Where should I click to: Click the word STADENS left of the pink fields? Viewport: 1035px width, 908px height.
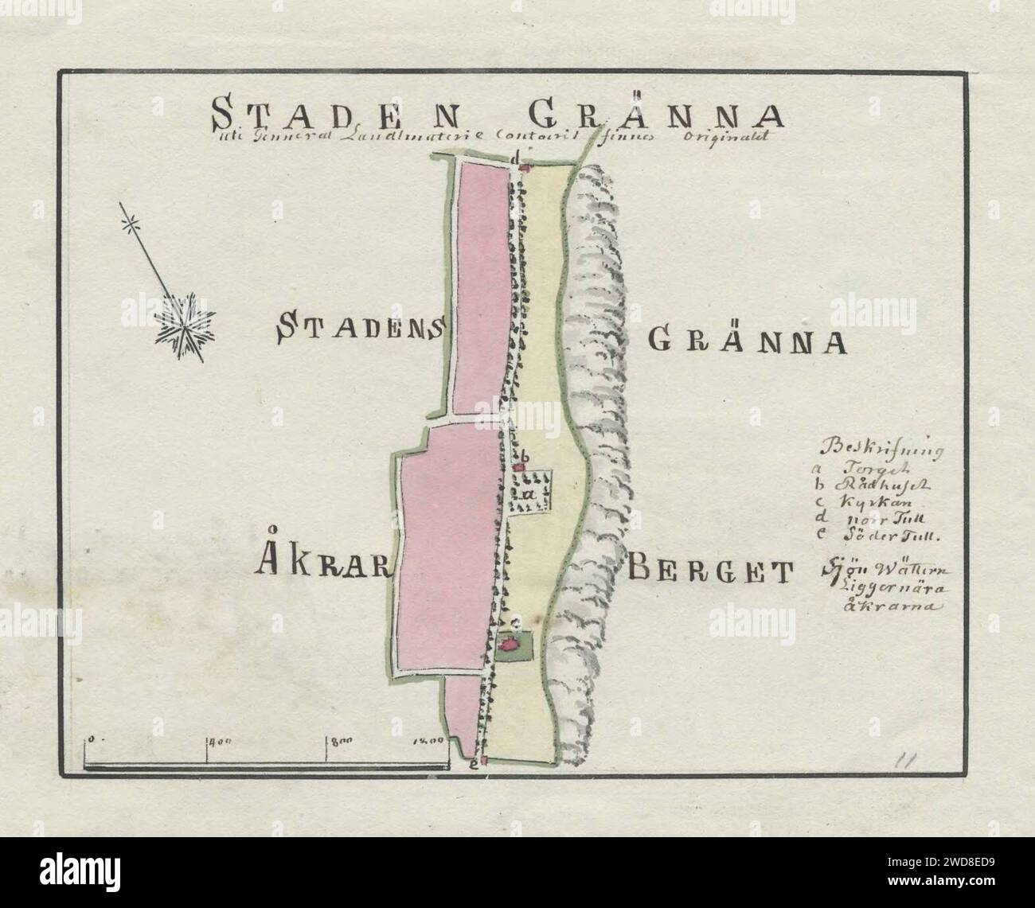[361, 327]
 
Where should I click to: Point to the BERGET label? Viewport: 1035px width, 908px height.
[712, 570]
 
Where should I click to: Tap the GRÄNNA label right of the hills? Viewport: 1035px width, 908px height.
[746, 340]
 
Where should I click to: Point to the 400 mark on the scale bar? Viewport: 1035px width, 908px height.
[219, 742]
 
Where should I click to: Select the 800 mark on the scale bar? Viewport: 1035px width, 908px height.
[341, 742]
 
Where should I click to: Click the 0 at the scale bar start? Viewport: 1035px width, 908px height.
[92, 739]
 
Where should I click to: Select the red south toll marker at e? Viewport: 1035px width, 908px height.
[483, 762]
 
